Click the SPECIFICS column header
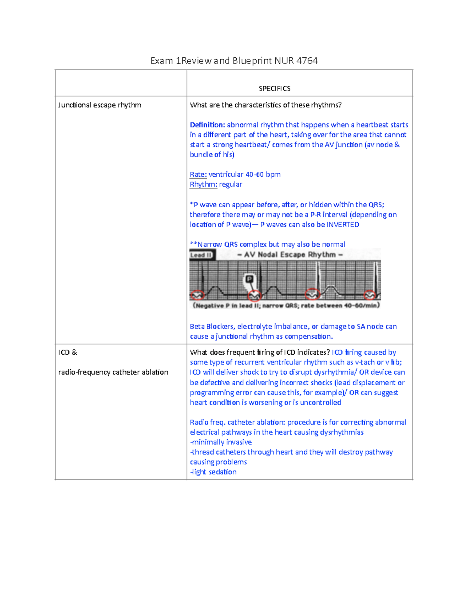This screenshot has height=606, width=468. point(275,89)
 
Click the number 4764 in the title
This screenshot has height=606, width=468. point(307,61)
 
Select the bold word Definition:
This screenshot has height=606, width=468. point(207,125)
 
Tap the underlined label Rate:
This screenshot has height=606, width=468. point(198,174)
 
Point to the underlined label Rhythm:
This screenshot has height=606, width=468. point(203,184)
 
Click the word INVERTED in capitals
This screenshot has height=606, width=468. point(342,224)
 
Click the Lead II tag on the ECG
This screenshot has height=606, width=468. point(201,255)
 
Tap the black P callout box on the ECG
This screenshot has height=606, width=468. point(249,279)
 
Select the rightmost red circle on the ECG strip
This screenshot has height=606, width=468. point(370,295)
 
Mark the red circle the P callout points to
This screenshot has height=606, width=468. point(255,295)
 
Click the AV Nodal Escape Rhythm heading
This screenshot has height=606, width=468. point(290,255)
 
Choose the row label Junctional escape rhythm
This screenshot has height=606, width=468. point(99,105)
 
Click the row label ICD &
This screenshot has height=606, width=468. point(67,352)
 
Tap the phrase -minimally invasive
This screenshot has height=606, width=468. point(221,442)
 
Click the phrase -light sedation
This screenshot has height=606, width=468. point(213,472)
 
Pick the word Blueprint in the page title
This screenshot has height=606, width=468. point(252,61)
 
